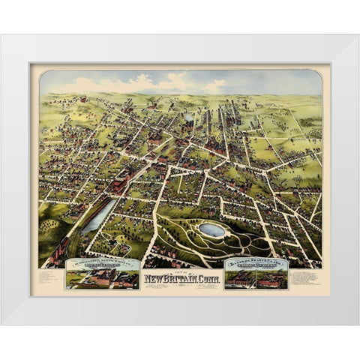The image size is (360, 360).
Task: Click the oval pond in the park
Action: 211,230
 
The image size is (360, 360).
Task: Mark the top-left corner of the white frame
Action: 3,36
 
